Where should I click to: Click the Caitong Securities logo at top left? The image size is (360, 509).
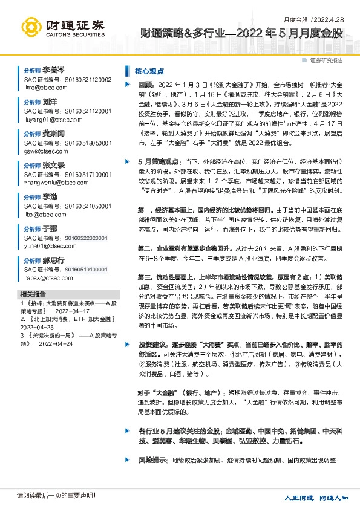coord(60,26)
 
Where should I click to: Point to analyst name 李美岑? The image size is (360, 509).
coord(54,71)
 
